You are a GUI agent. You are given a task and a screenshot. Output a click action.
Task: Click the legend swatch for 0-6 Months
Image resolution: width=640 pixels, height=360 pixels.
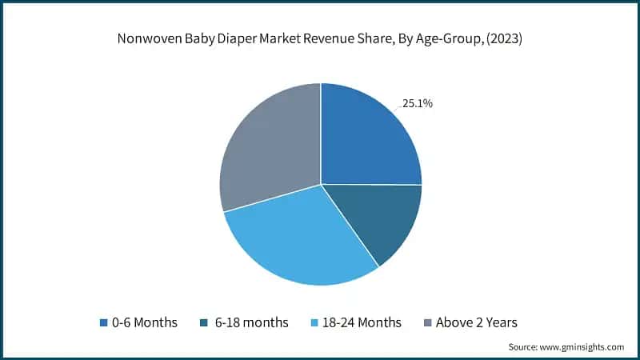[103, 323]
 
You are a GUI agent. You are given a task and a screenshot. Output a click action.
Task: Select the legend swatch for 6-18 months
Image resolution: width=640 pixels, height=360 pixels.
[206, 323]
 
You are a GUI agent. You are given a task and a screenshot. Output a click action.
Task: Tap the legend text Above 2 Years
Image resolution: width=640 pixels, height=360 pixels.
[477, 323]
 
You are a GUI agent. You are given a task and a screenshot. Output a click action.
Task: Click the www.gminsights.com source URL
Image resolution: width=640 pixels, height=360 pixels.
[583, 347]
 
